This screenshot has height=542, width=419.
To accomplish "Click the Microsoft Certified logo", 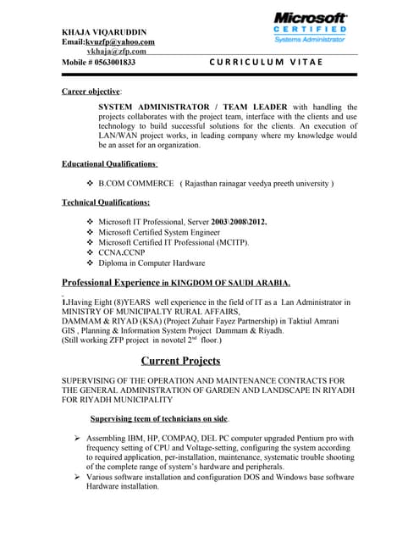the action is (x=310, y=27).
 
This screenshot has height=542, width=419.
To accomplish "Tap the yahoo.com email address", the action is (x=108, y=41).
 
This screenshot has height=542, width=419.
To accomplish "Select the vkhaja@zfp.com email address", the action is (x=111, y=52).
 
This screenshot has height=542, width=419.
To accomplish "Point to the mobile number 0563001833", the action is (x=99, y=63).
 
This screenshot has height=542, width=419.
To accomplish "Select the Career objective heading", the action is (x=92, y=90).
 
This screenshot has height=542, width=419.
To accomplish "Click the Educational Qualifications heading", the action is (x=109, y=163).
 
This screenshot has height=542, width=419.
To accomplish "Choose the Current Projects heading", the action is (x=180, y=361).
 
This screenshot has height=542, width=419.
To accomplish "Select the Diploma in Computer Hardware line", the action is (x=152, y=263).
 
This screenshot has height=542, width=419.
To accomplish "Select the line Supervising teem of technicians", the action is (x=159, y=418).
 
